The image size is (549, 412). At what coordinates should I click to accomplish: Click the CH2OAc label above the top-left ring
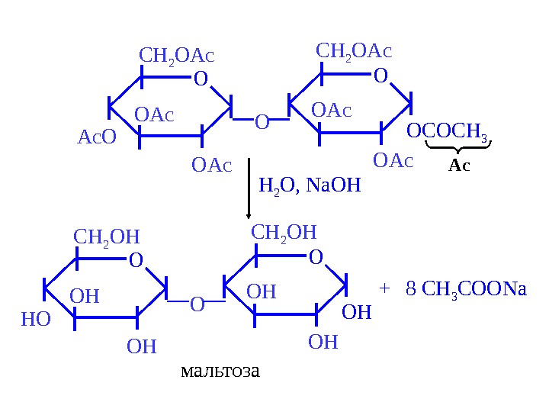coord(176,56)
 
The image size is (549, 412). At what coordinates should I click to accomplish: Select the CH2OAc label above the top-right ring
coord(354,52)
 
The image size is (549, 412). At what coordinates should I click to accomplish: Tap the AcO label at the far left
coord(97,137)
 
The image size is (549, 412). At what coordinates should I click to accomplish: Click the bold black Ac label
coord(459,165)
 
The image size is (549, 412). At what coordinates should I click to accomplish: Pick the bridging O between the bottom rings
coord(197,305)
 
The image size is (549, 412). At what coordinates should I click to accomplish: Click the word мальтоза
coord(220,372)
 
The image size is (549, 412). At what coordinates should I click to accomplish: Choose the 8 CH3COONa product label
coord(467,289)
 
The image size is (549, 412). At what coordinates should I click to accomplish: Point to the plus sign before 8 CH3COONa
coord(384,288)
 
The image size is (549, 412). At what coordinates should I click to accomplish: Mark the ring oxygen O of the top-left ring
coord(201,79)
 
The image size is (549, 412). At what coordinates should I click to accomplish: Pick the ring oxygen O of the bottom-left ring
coord(136,261)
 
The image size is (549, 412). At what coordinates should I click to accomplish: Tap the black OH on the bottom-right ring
coord(356,312)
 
